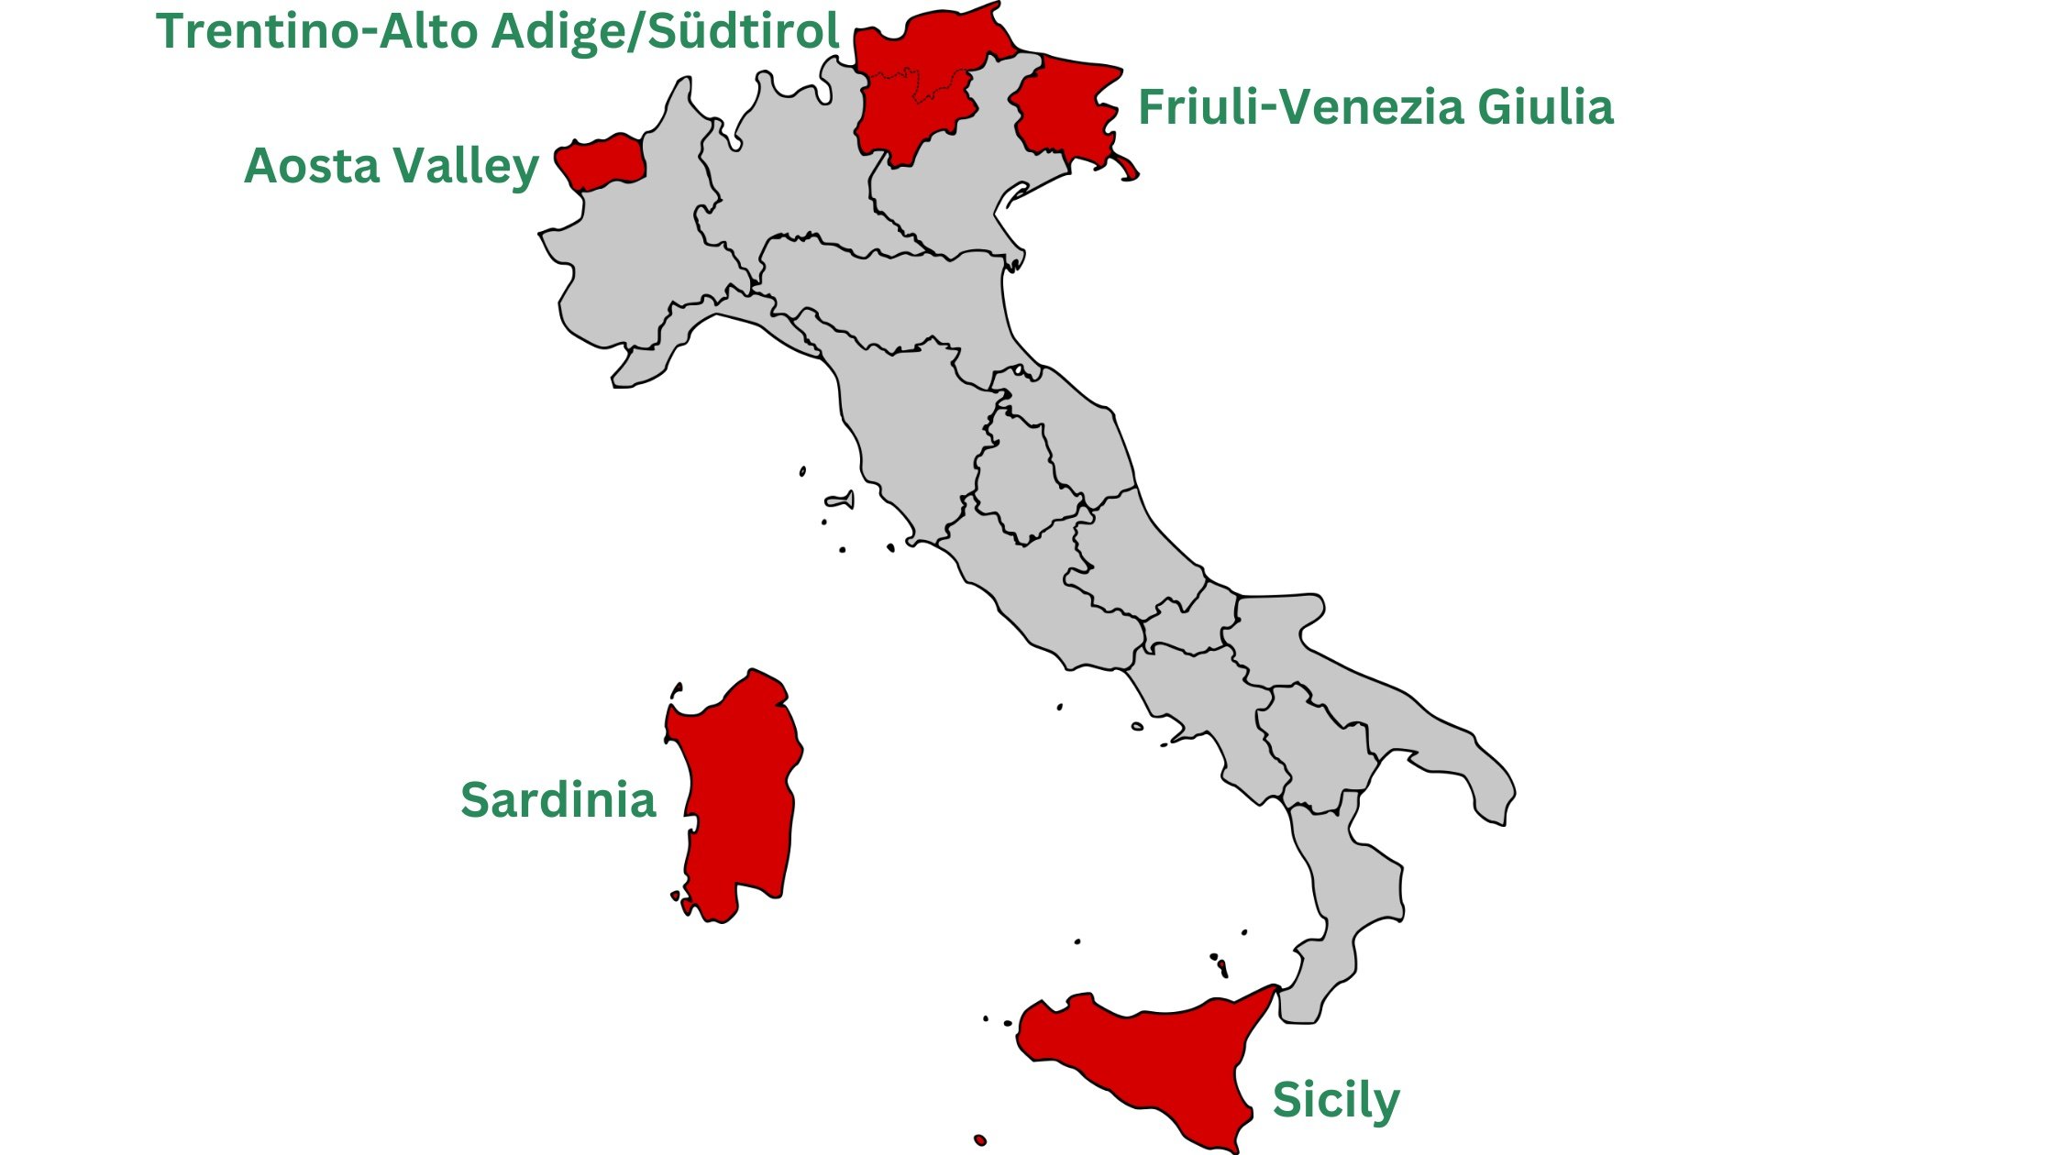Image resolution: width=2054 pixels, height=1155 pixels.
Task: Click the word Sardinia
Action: coord(558,799)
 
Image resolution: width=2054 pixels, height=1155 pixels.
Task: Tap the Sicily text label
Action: coord(1336,1100)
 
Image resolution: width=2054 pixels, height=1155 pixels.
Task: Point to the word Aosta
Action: coord(312,166)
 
